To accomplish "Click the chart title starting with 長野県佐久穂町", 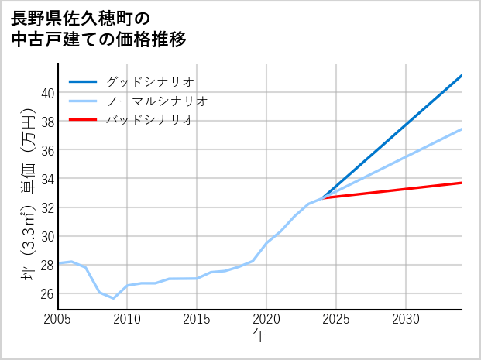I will click(98, 28).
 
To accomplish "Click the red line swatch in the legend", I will click(83, 120).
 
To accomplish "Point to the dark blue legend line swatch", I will click(83, 81).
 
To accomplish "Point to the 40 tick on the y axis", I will click(47, 93).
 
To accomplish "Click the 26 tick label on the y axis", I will click(47, 293).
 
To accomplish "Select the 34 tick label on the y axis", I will click(47, 179).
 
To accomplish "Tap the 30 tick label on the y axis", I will click(47, 236).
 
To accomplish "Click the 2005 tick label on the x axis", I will click(58, 319).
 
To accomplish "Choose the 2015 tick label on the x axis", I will click(197, 319).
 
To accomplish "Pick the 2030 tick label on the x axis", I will click(406, 319).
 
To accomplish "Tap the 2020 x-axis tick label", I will click(266, 319).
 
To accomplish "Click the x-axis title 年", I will click(260, 337).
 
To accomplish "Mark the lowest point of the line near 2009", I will click(113, 298).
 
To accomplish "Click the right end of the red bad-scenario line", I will click(462, 183).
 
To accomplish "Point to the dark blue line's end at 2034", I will click(462, 76).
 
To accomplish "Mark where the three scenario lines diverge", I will click(322, 198).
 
